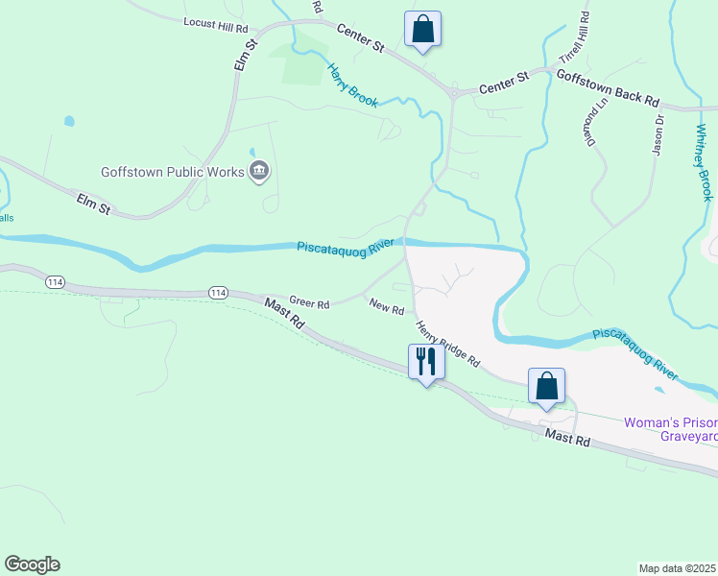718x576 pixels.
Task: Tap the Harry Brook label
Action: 352,84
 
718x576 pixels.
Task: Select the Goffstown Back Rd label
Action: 609,86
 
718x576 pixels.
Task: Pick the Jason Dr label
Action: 658,134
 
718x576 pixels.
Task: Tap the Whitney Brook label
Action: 702,160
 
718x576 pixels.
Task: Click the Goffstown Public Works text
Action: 173,173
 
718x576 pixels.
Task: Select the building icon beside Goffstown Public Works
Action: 259,173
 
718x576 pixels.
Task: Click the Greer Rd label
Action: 309,303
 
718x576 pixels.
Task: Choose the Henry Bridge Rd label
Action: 447,343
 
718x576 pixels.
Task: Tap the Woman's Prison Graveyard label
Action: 670,429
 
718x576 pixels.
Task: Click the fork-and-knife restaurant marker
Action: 425,363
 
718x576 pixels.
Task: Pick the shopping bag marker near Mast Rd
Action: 546,387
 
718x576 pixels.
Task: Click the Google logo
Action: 32,564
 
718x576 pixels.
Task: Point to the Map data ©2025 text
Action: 677,568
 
